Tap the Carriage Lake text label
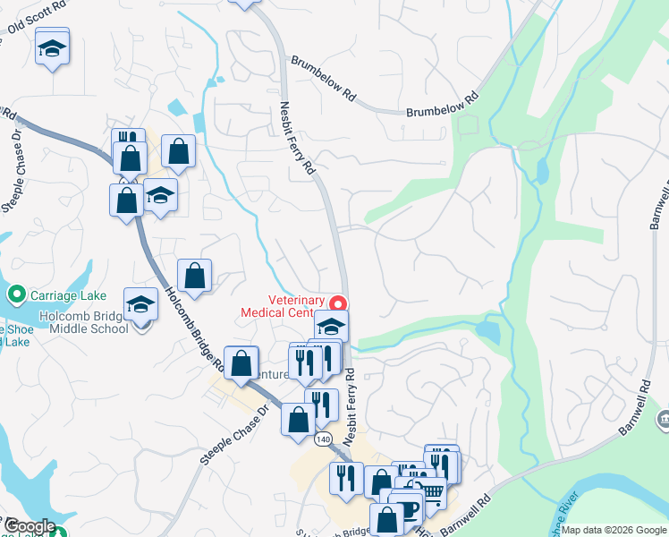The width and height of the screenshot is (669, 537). point(67,295)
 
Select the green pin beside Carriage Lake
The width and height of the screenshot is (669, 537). point(14,294)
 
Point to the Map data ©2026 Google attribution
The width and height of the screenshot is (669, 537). point(613,530)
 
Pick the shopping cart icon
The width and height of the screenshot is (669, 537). point(433,491)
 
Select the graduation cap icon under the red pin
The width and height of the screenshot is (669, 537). point(332,328)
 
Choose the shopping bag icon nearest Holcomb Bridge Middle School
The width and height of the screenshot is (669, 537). point(194,276)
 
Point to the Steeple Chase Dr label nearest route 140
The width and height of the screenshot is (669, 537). point(234,437)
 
